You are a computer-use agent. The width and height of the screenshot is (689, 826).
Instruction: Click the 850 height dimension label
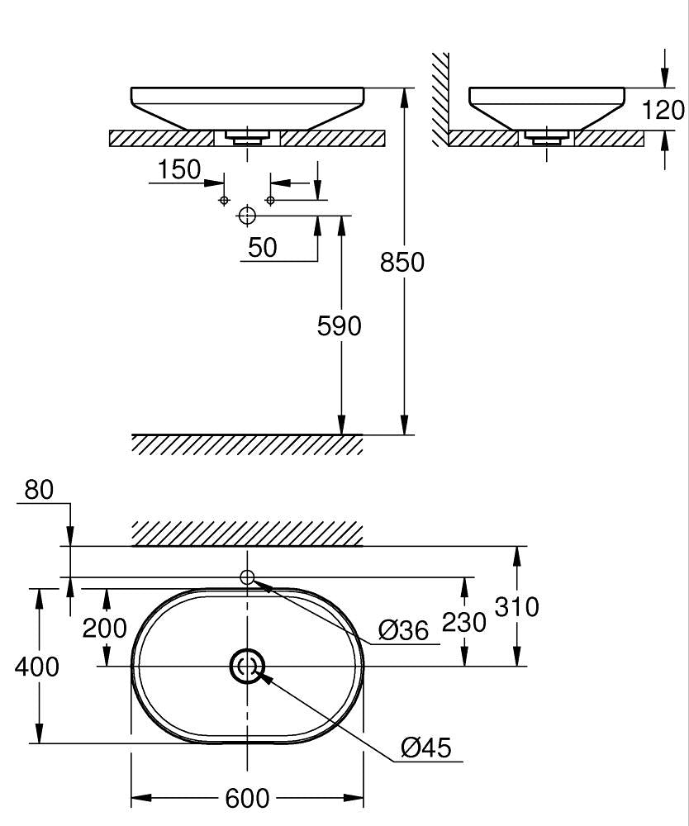pyautogui.click(x=402, y=262)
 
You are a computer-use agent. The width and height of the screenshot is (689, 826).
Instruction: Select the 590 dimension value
pyautogui.click(x=340, y=326)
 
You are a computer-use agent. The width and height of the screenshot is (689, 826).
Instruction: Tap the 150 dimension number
pyautogui.click(x=179, y=169)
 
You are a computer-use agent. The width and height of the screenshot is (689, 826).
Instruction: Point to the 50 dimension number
pyautogui.click(x=263, y=247)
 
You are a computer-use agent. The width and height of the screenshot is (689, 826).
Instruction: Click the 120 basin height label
pyautogui.click(x=664, y=110)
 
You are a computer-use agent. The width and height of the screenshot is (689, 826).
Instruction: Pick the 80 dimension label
pyautogui.click(x=39, y=490)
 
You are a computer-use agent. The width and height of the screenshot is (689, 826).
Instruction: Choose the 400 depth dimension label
pyautogui.click(x=37, y=666)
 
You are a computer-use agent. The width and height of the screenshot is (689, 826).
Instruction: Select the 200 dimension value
pyautogui.click(x=105, y=629)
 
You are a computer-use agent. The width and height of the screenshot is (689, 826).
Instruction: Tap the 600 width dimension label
pyautogui.click(x=247, y=798)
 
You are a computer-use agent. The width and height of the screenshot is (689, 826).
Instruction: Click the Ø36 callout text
pyautogui.click(x=404, y=631)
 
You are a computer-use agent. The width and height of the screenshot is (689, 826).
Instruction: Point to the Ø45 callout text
pyautogui.click(x=426, y=748)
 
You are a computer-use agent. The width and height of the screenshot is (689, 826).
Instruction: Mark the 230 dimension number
pyautogui.click(x=464, y=621)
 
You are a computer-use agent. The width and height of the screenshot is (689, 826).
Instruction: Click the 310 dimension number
pyautogui.click(x=516, y=607)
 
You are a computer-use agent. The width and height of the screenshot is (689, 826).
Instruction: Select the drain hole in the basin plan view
pyautogui.click(x=247, y=666)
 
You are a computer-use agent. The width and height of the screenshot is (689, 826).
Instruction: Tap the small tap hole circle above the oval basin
pyautogui.click(x=247, y=577)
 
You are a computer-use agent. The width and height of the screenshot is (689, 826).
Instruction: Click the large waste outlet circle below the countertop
pyautogui.click(x=247, y=216)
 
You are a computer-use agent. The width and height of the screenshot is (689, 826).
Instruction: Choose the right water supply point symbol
pyautogui.click(x=270, y=201)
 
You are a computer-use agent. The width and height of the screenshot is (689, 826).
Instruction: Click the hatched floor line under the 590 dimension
pyautogui.click(x=247, y=444)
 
